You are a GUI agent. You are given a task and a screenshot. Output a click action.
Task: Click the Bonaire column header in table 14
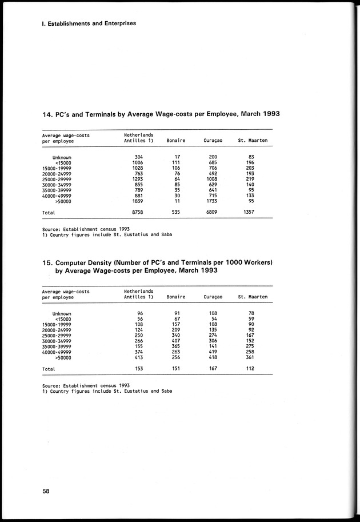pos(175,141)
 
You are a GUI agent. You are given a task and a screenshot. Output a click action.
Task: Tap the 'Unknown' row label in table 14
pos(62,157)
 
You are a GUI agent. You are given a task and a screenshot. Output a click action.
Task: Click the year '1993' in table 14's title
pos(267,114)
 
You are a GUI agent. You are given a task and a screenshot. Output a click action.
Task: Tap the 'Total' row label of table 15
pos(49,369)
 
